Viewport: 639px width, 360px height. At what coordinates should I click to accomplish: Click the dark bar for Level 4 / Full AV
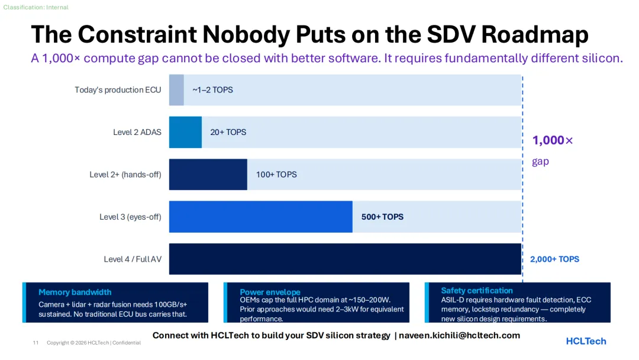pyautogui.click(x=345, y=259)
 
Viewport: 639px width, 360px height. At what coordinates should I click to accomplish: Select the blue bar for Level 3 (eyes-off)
pyautogui.click(x=260, y=217)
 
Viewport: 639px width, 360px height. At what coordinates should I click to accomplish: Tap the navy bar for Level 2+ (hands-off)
pyautogui.click(x=208, y=174)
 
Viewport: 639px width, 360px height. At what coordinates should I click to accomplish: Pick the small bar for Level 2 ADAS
pyautogui.click(x=185, y=132)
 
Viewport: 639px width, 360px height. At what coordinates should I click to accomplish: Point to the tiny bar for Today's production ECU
pyautogui.click(x=176, y=90)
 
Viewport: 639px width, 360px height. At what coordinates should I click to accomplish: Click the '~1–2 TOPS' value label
pyautogui.click(x=212, y=90)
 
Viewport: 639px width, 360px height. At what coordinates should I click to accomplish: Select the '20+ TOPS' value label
pyautogui.click(x=228, y=132)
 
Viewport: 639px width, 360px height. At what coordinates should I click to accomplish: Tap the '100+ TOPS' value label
pyautogui.click(x=276, y=175)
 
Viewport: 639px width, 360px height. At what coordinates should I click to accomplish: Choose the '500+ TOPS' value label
pyautogui.click(x=382, y=217)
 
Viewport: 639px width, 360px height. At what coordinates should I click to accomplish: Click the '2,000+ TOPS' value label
pyautogui.click(x=554, y=259)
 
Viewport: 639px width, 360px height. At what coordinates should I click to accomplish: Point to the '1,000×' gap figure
pyautogui.click(x=553, y=140)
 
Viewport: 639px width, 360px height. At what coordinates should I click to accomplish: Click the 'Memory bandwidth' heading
pyautogui.click(x=75, y=292)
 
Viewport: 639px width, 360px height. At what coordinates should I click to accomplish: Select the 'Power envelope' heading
pyautogui.click(x=270, y=292)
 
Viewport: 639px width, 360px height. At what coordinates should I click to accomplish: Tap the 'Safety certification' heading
pyautogui.click(x=477, y=291)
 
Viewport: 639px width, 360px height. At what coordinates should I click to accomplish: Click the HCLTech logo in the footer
pyautogui.click(x=586, y=341)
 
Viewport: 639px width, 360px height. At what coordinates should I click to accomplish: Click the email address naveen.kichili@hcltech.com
pyautogui.click(x=459, y=335)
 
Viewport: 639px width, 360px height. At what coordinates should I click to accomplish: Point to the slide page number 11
pyautogui.click(x=35, y=343)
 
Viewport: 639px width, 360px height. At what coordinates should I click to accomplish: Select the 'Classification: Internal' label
pyautogui.click(x=35, y=7)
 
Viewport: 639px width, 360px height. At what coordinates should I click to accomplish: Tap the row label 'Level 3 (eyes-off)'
pyautogui.click(x=130, y=217)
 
